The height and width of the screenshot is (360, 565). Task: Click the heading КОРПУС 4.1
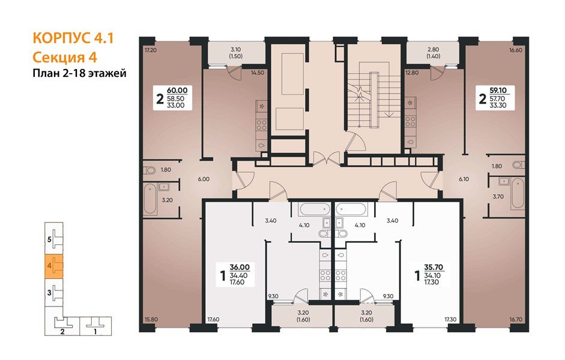click(73, 38)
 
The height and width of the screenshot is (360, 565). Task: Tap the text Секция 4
click(65, 57)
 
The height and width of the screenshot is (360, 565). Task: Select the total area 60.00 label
click(177, 90)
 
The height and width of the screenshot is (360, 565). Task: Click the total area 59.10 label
click(498, 90)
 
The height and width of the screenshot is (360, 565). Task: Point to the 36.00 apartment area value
click(240, 267)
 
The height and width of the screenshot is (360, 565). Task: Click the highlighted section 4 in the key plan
click(53, 266)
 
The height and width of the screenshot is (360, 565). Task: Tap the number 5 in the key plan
click(49, 239)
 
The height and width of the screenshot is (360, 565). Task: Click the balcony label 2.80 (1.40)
click(433, 53)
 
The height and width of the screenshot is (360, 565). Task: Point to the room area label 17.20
click(150, 50)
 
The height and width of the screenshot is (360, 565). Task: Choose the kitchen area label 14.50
click(257, 73)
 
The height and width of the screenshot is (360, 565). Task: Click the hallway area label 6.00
click(204, 179)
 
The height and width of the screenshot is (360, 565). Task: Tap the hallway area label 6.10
click(464, 179)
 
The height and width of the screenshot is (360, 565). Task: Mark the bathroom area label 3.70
click(498, 197)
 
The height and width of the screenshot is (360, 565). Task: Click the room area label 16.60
click(516, 50)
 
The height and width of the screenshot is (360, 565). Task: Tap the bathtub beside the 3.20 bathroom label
click(150, 199)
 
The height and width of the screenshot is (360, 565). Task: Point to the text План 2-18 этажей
click(80, 73)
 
